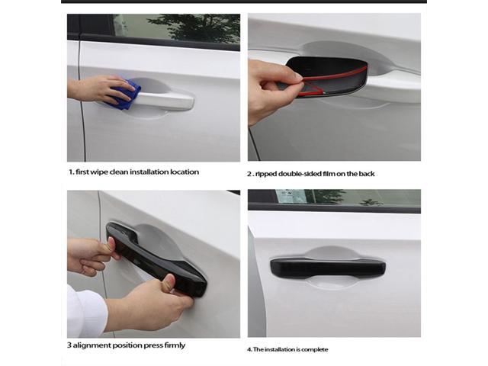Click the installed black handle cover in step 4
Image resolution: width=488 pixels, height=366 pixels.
328,267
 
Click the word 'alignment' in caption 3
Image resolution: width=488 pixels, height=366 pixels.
94,345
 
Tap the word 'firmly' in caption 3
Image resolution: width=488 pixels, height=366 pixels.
172,345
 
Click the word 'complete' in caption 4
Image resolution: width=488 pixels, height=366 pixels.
315,349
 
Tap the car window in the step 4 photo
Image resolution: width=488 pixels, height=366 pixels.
335,196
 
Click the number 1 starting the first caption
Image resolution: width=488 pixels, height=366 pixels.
69,172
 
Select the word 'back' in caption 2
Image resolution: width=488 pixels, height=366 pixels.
366,174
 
